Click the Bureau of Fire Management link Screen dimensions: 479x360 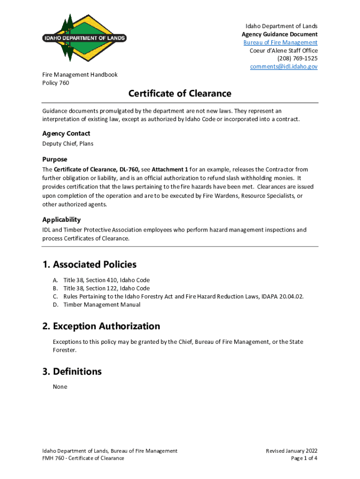click(x=280, y=43)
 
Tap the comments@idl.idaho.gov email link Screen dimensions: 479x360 click(x=283, y=66)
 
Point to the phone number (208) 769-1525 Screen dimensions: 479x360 click(x=297, y=58)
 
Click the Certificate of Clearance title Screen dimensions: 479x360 click(x=180, y=94)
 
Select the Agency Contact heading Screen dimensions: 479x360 click(x=66, y=133)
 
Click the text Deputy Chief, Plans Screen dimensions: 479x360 click(x=68, y=144)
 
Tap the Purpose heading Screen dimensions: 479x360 click(x=55, y=159)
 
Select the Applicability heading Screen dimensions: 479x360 click(x=61, y=219)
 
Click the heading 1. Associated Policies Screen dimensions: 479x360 click(x=89, y=264)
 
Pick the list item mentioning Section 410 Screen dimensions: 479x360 click(x=107, y=280)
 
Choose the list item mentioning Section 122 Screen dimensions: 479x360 click(x=107, y=288)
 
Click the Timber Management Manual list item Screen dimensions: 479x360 click(x=101, y=305)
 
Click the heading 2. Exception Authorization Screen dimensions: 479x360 click(x=101, y=326)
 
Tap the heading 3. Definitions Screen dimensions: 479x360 click(x=72, y=371)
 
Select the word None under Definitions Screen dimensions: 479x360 click(x=60, y=387)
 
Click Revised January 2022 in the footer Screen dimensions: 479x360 click(x=292, y=451)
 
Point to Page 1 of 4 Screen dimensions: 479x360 click(x=304, y=458)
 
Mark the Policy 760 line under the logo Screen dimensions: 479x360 click(x=56, y=83)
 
